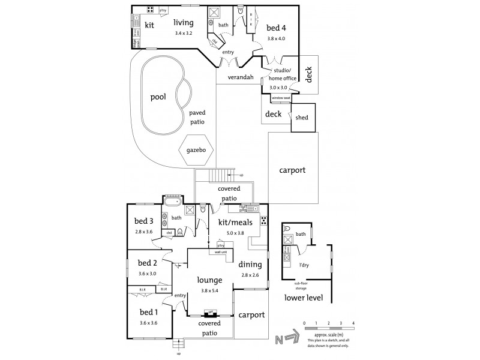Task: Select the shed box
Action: [302, 118]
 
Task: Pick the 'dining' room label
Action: [250, 264]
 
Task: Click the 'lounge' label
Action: [210, 280]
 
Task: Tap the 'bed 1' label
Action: [148, 311]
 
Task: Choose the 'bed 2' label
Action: [147, 263]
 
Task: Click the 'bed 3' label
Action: [144, 221]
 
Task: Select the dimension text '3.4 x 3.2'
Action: [183, 33]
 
